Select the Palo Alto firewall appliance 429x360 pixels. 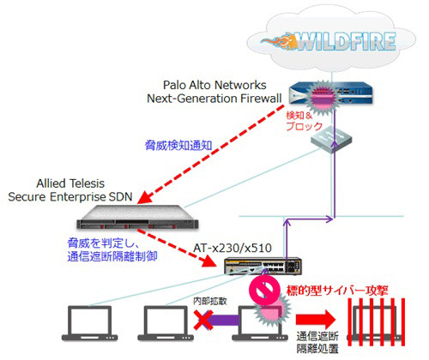tap(330, 93)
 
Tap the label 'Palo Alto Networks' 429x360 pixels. tap(214, 85)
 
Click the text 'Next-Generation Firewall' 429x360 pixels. tap(214, 99)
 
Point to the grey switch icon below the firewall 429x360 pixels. tap(331, 140)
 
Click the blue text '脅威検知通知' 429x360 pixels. tap(178, 146)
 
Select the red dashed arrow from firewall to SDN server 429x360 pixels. tap(211, 154)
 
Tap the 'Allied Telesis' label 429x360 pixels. tap(70, 183)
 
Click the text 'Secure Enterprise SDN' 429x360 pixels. tap(70, 197)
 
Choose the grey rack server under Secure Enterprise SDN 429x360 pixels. tap(137, 218)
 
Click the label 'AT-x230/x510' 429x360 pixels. tap(233, 248)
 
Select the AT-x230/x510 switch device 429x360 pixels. tap(263, 266)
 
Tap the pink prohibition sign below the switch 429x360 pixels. tap(264, 290)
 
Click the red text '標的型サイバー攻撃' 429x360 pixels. tap(337, 291)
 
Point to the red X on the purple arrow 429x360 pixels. tap(203, 320)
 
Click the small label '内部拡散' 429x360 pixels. tap(210, 301)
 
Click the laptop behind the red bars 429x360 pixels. tap(376, 323)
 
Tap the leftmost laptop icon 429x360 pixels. tap(90, 323)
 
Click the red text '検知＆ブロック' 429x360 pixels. tap(305, 121)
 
